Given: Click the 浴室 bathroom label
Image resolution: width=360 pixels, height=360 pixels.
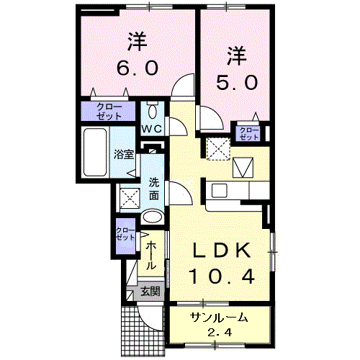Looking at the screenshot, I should (124, 153).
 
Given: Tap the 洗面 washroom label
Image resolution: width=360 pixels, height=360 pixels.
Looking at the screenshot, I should (154, 188).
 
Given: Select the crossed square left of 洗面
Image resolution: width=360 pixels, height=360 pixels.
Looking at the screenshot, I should (130, 196).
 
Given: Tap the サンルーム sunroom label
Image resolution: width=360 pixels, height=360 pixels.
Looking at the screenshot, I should (220, 318).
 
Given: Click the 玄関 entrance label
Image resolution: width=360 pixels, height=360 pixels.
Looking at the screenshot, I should (150, 292).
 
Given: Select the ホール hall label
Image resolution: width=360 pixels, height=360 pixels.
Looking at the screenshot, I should (152, 256).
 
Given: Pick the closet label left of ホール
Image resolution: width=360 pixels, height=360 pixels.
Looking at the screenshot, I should (125, 234).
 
